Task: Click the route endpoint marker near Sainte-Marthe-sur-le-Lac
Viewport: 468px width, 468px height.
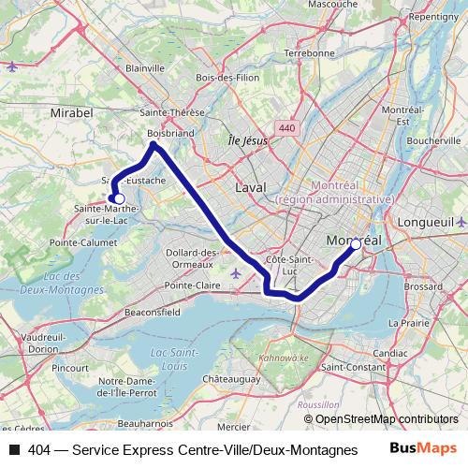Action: pyautogui.click(x=119, y=198)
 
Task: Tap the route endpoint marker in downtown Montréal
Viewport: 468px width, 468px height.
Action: pyautogui.click(x=356, y=245)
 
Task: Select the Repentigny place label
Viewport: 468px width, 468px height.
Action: pyautogui.click(x=433, y=16)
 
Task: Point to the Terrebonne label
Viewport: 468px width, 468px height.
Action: pyautogui.click(x=308, y=53)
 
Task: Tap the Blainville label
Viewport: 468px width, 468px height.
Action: pyautogui.click(x=144, y=68)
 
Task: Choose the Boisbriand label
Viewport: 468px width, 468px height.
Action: pyautogui.click(x=171, y=134)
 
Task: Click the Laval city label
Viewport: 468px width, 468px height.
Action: pyautogui.click(x=250, y=187)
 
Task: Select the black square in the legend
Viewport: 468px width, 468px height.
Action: pyautogui.click(x=14, y=450)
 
